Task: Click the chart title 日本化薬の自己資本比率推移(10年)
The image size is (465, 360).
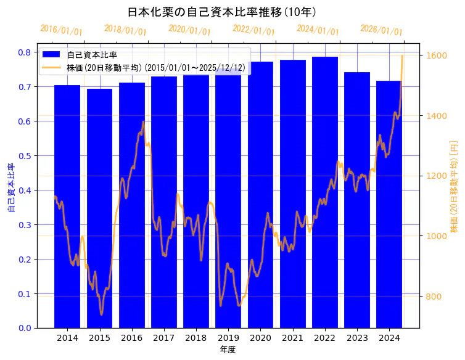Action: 222,12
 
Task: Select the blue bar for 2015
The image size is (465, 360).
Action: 100,210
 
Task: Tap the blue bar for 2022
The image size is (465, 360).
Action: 325,191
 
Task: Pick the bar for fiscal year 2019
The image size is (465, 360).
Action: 228,197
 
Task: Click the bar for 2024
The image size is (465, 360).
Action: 389,203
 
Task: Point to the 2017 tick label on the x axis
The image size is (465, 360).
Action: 164,338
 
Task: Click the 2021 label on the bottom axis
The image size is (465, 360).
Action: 293,338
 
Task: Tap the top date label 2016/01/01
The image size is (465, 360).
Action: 61,30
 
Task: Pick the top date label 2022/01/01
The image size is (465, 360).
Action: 253,30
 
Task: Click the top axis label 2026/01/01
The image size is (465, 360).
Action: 381,30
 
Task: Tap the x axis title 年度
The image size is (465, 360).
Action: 228,350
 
